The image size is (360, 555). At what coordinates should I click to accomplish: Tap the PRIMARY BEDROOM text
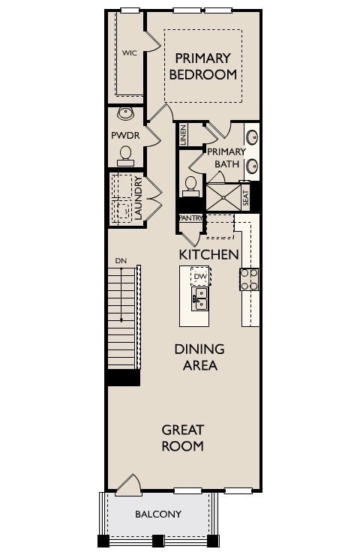click(x=203, y=66)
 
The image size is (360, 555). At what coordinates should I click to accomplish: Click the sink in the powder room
click(x=125, y=115)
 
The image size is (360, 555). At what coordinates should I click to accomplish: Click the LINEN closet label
click(x=183, y=135)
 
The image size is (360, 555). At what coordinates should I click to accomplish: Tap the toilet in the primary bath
click(x=190, y=184)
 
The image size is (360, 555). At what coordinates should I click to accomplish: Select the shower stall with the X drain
click(x=223, y=196)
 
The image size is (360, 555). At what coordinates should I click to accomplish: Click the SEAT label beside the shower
click(x=245, y=197)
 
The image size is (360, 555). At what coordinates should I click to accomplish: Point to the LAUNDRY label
click(x=139, y=198)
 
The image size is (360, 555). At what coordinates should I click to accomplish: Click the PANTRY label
click(x=190, y=218)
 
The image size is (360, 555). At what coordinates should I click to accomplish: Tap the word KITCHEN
click(x=208, y=254)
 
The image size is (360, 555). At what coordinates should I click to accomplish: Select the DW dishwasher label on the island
click(x=199, y=277)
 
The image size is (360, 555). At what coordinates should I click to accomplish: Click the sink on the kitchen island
click(x=199, y=301)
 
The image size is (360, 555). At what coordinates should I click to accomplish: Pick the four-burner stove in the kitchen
click(x=248, y=280)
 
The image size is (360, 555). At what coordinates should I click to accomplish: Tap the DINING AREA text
click(x=199, y=357)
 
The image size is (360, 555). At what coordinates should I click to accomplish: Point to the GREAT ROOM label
click(x=183, y=438)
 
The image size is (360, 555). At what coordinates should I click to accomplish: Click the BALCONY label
click(x=157, y=514)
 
